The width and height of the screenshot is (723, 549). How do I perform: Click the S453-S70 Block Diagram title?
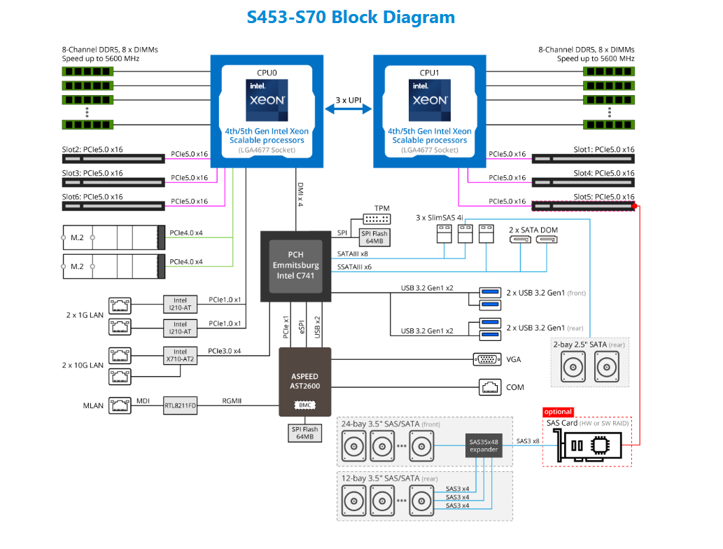[x=351, y=18]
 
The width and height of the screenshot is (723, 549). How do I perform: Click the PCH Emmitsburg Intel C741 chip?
[x=295, y=265]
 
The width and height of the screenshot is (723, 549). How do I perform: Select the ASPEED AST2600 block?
[x=304, y=381]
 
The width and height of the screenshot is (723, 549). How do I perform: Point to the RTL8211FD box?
[x=180, y=405]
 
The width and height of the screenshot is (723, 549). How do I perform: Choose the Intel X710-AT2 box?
[x=180, y=356]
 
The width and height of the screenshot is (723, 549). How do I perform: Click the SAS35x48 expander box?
[x=484, y=445]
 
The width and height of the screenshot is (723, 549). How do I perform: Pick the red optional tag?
[x=558, y=412]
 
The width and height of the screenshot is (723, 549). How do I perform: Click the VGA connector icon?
[x=487, y=359]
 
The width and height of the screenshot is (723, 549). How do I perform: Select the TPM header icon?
[x=377, y=218]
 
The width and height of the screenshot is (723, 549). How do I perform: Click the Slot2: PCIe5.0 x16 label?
[x=92, y=149]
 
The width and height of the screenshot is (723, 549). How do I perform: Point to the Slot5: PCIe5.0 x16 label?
[x=604, y=197]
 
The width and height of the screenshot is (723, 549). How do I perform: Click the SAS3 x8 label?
[x=528, y=441]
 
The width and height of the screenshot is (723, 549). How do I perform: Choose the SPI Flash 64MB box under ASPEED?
[x=304, y=433]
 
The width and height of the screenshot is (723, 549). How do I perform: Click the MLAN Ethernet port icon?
[x=120, y=405]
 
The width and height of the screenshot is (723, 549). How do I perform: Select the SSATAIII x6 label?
[x=353, y=267]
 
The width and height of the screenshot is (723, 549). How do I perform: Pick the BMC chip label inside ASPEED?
[x=304, y=405]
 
